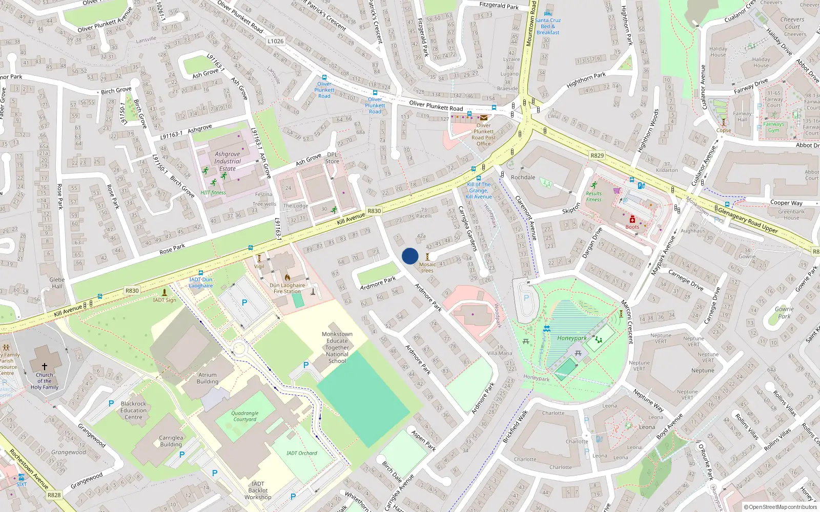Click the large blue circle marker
point(410,256)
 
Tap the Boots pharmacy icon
point(632,220)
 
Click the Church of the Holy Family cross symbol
point(45,367)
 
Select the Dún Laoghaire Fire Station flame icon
point(287,278)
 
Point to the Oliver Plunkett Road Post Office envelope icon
point(484,118)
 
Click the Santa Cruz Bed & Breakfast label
point(548,26)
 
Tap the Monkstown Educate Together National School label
point(337,347)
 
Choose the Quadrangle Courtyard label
point(245,416)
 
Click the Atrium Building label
point(208,378)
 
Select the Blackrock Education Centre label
point(134,410)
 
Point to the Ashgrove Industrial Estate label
point(228,161)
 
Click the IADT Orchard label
point(301,453)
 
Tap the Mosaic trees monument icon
point(427,257)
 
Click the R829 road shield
point(597,156)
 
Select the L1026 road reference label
point(275,41)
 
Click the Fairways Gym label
point(773,127)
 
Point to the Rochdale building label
point(523,177)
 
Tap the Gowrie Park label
point(784,312)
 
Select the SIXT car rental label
point(22,484)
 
